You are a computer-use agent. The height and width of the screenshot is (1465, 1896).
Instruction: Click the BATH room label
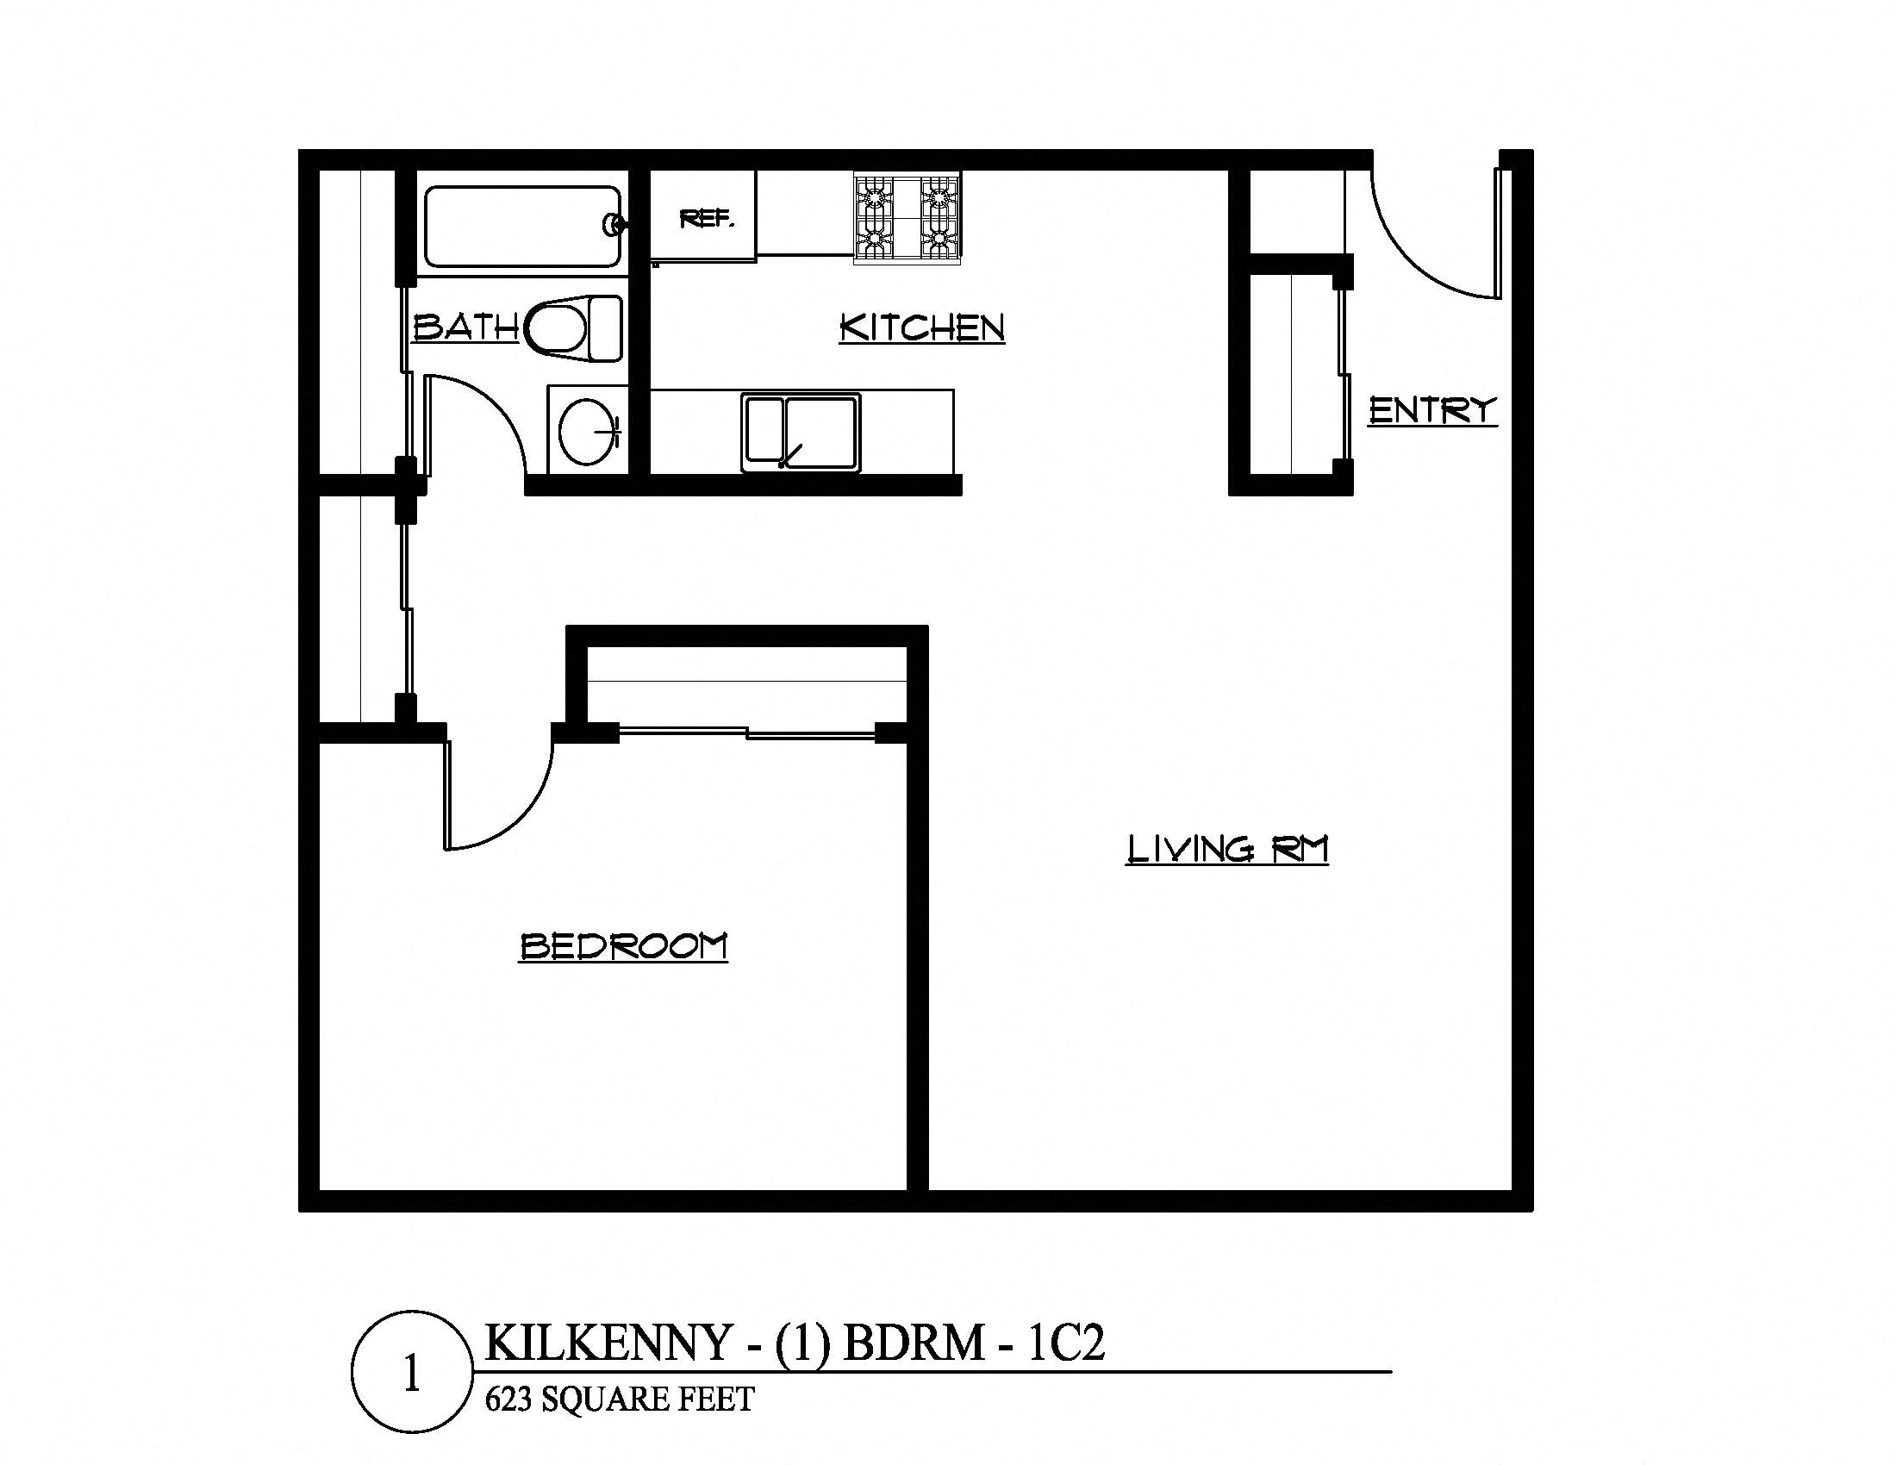pyautogui.click(x=465, y=327)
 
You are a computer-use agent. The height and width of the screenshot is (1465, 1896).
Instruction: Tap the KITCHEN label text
pyautogui.click(x=922, y=327)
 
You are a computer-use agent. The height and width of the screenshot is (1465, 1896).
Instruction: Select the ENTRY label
pyautogui.click(x=1432, y=409)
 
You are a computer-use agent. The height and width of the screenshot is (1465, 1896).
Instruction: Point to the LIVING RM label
pyautogui.click(x=1226, y=849)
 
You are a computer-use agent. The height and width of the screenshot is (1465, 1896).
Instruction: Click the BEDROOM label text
pyautogui.click(x=622, y=946)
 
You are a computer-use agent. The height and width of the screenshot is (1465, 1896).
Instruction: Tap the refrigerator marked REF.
pyautogui.click(x=704, y=219)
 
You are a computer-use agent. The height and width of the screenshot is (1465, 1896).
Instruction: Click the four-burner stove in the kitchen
pyautogui.click(x=907, y=218)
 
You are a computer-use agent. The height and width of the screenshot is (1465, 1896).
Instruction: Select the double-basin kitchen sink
pyautogui.click(x=801, y=433)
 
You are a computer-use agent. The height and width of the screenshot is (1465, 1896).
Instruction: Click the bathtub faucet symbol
pyautogui.click(x=614, y=225)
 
